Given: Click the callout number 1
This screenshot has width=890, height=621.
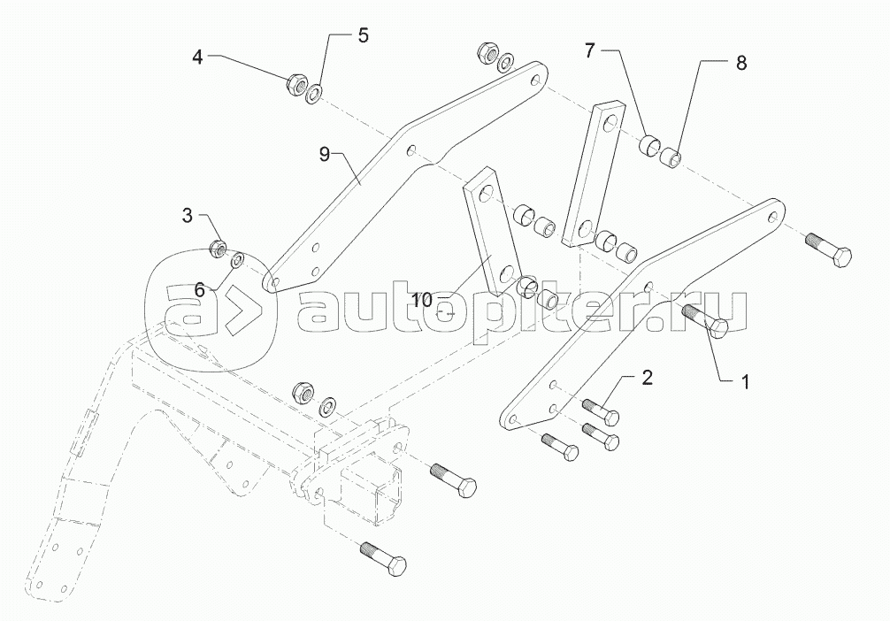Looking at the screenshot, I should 745,382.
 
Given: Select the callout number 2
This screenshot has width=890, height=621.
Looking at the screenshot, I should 647,379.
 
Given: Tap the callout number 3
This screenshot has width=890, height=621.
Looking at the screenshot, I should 188,215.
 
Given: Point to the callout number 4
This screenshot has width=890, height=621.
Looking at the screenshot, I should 198,57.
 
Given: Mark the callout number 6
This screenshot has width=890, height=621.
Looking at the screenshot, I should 200,289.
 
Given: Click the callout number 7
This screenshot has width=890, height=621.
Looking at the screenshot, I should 590,50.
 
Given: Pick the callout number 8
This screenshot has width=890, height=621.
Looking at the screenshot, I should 740,63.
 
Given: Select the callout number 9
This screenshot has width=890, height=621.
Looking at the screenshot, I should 325,155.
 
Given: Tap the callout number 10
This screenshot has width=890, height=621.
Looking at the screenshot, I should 421,300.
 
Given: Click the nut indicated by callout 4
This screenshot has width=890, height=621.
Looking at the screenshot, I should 296,85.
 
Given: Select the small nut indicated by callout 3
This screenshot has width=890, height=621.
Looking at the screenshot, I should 219,248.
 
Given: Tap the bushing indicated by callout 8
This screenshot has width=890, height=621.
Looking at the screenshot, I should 672,159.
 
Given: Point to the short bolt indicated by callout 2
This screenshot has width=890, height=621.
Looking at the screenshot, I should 601,411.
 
